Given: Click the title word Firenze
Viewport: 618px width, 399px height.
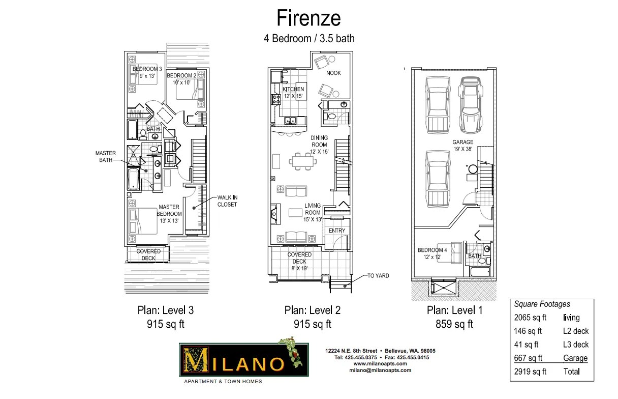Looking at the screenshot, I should pos(308,18).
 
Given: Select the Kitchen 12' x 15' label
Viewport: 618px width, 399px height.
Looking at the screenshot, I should pos(293,93).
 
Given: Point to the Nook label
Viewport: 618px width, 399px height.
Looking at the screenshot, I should pos(333,73).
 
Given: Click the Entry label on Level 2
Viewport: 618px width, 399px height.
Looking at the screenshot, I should pos(336,231).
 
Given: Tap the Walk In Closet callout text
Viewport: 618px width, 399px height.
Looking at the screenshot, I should pos(227,201).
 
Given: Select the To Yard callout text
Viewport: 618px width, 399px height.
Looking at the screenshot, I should pos(378,276).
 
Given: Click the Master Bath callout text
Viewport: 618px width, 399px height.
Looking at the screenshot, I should pos(106,157).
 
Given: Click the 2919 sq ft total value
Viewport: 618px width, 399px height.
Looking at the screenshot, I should pos(530,372).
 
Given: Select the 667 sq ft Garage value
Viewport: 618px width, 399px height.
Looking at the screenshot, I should pos(528,358).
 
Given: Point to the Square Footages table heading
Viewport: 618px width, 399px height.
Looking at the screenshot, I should pos(542,304).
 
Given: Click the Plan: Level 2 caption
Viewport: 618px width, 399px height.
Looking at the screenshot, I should pos(312,310).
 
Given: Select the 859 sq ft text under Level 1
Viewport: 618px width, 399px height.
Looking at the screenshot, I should pos(454,324).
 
